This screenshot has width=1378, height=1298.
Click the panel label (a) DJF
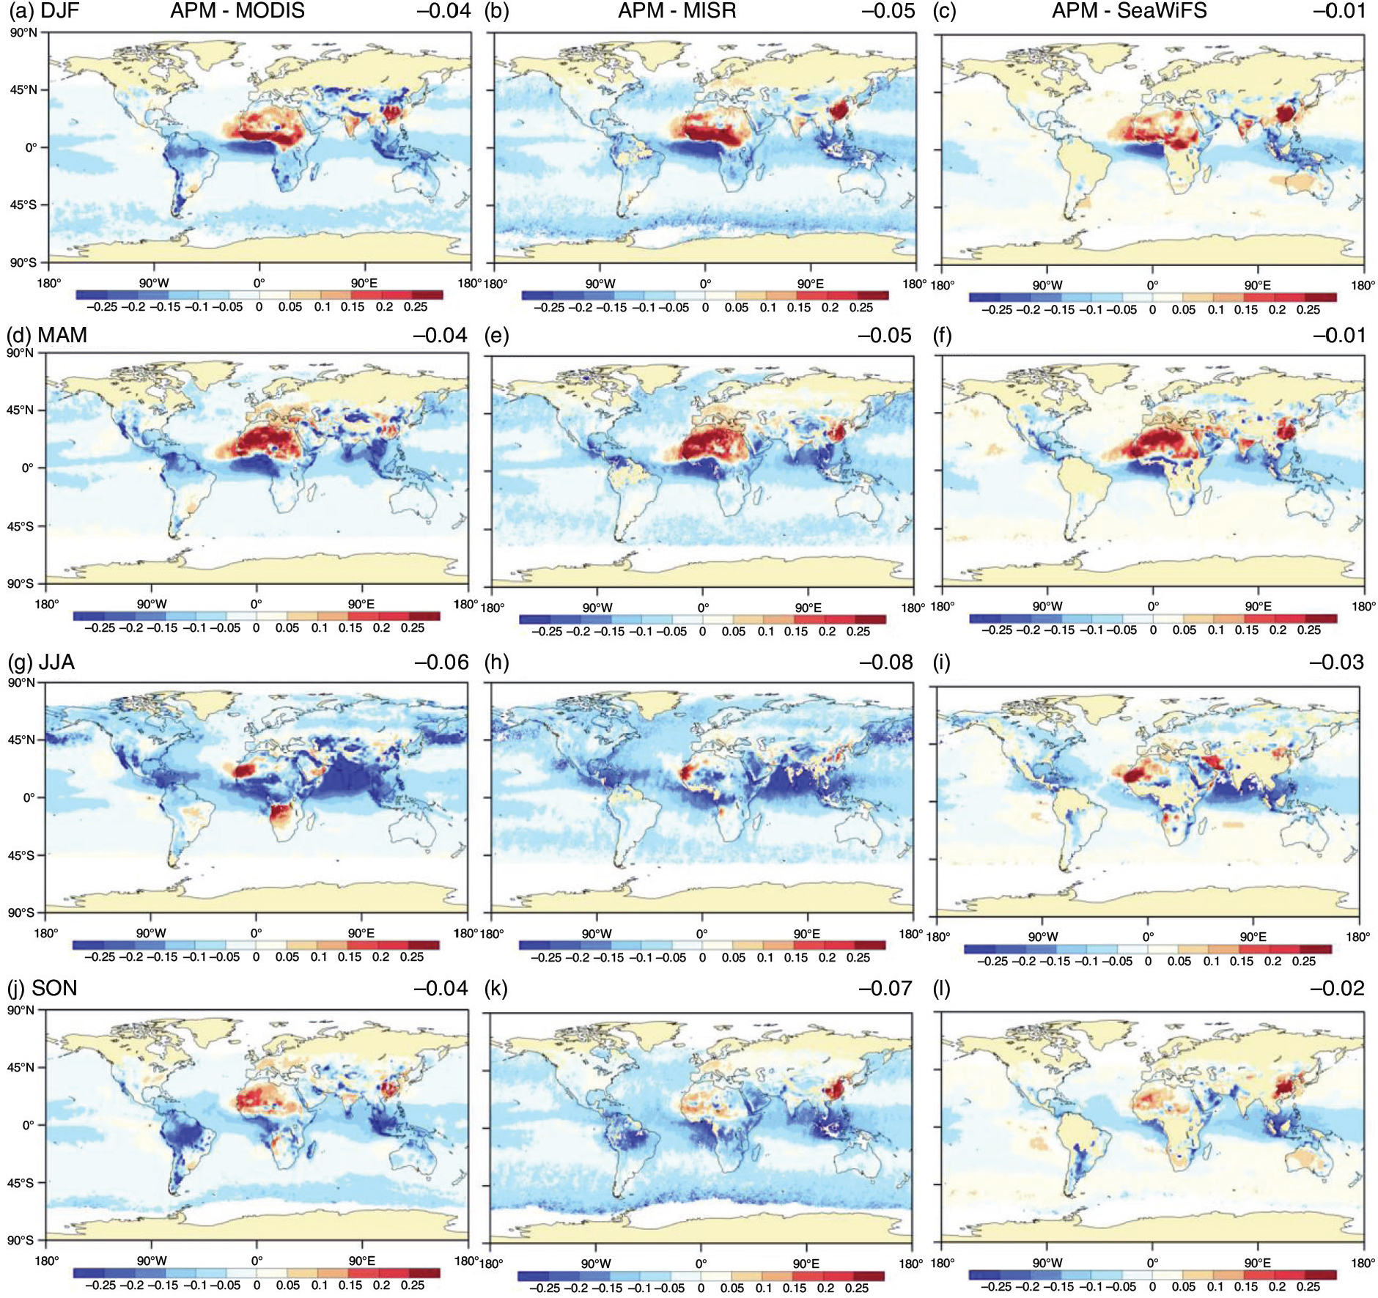[x=43, y=11]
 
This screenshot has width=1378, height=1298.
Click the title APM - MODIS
[x=237, y=11]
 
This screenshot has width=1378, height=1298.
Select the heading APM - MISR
[x=677, y=11]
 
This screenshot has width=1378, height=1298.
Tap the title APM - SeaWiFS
[x=1130, y=11]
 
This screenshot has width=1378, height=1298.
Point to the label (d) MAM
[x=47, y=335]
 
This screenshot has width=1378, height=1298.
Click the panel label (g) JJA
[x=41, y=662]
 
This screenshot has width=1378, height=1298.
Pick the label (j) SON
[x=42, y=988]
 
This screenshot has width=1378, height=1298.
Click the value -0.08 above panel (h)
[x=885, y=662]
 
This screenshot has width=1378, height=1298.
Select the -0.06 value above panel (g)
[x=441, y=662]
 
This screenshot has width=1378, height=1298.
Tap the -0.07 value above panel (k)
[x=885, y=988]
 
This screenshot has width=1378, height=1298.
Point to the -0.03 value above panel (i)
[x=1337, y=662]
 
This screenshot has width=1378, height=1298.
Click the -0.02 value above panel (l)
[x=1337, y=988]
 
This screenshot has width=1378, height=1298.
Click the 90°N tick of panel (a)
[x=23, y=32]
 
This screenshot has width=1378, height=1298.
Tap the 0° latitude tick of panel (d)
[x=28, y=468]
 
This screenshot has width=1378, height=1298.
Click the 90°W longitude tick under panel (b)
[x=600, y=284]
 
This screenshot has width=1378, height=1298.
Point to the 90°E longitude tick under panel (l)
[x=1258, y=1263]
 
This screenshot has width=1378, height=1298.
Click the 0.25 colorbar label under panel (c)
[x=1308, y=310]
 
